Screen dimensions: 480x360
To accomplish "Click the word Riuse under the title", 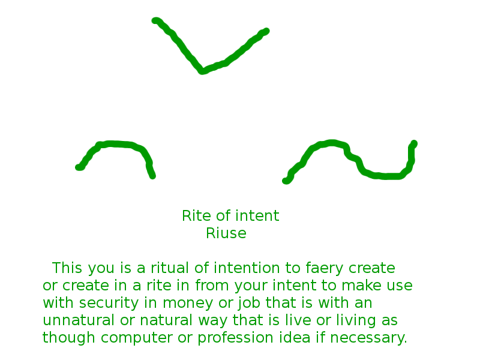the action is click(226, 233).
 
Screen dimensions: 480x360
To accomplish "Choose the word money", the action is click(188, 304).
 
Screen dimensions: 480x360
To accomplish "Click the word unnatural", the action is click(79, 320).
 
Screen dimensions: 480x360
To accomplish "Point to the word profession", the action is click(235, 338).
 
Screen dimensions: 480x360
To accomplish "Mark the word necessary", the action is click(368, 338).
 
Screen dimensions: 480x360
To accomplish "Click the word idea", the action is click(295, 337).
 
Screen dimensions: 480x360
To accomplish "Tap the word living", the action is click(356, 321).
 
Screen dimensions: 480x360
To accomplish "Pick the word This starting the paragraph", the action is click(67, 268).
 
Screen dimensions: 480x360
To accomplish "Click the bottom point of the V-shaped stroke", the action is click(202, 71).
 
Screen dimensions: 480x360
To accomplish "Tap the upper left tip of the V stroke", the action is click(155, 20).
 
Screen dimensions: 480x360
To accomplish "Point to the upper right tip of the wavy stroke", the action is click(414, 143).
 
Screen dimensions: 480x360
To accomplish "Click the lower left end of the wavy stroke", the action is click(286, 181).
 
